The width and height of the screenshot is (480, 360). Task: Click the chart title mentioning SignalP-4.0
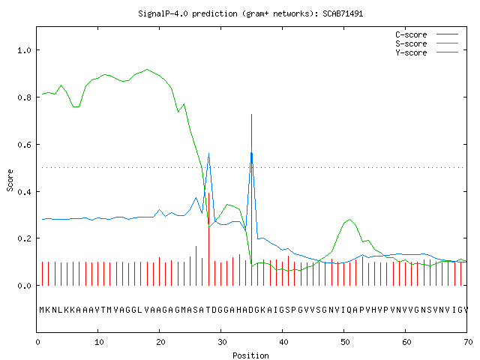(250, 13)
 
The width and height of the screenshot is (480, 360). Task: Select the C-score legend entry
(427, 34)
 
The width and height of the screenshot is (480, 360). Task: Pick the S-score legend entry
(427, 43)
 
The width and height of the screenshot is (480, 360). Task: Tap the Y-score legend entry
(427, 52)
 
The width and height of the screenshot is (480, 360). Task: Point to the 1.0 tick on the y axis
(25, 50)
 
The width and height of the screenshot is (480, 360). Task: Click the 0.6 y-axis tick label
(25, 145)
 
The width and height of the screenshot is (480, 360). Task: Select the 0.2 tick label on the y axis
(25, 238)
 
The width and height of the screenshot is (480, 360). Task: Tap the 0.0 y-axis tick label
(25, 286)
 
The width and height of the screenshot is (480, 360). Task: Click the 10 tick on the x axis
(99, 342)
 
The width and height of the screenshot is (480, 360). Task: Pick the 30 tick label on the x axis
(222, 342)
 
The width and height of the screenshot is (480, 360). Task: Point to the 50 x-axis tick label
(345, 342)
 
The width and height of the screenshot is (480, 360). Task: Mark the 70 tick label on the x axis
(468, 342)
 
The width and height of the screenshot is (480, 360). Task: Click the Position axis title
(250, 355)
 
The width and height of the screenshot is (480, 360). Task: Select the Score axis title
(10, 180)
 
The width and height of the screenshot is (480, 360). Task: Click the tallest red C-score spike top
(252, 114)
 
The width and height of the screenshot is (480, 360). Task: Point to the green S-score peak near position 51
(349, 219)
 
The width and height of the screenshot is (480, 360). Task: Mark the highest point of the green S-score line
(147, 69)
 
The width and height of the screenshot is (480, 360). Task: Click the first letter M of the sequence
(42, 310)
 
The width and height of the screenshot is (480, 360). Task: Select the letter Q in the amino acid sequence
(349, 310)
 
